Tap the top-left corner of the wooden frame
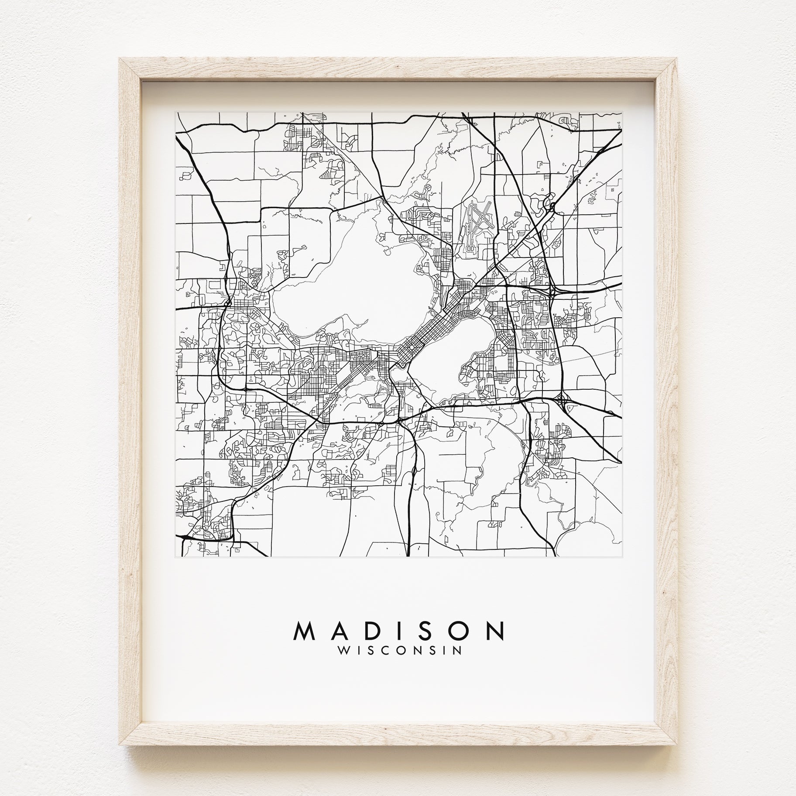(x=122, y=61)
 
